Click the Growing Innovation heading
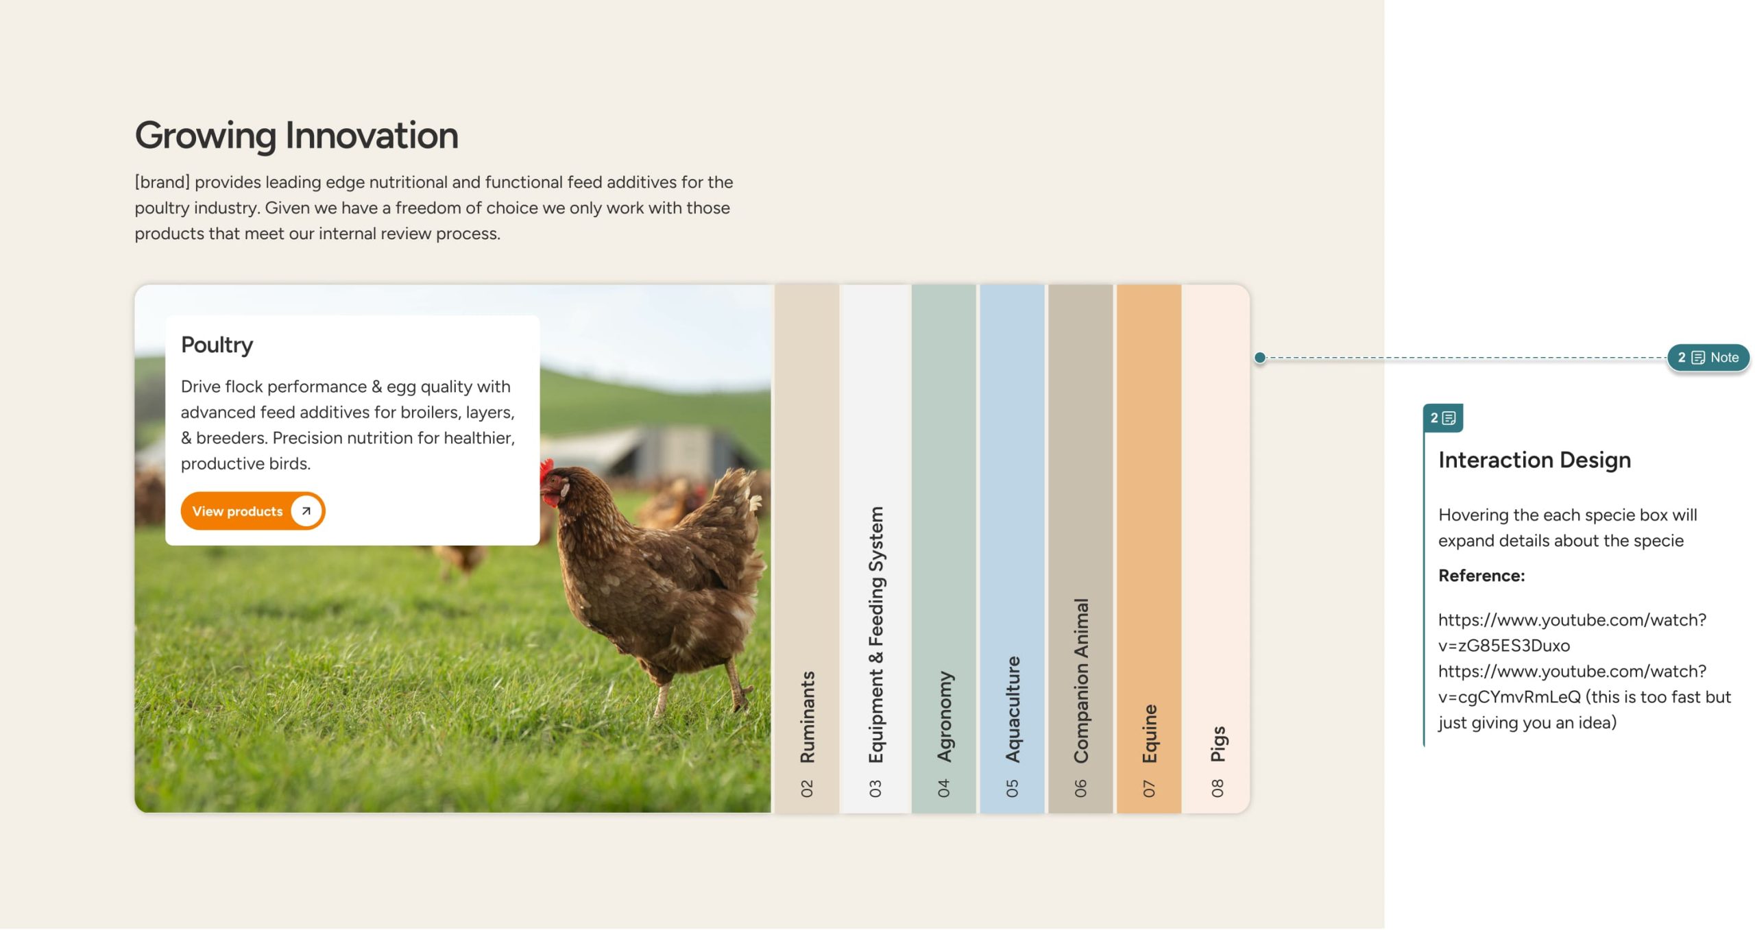point(296,135)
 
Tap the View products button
point(253,511)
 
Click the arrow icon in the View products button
point(306,511)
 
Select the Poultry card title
point(217,345)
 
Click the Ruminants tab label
point(807,717)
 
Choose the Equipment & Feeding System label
point(875,635)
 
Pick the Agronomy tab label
point(945,717)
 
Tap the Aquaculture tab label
point(1013,709)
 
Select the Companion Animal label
point(1081,681)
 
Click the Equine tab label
point(1150,733)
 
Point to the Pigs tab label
point(1218,744)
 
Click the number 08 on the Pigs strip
point(1218,788)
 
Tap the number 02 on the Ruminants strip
point(807,788)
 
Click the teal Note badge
point(1708,357)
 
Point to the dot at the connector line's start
point(1260,357)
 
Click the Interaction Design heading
point(1534,460)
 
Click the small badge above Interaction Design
point(1443,418)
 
